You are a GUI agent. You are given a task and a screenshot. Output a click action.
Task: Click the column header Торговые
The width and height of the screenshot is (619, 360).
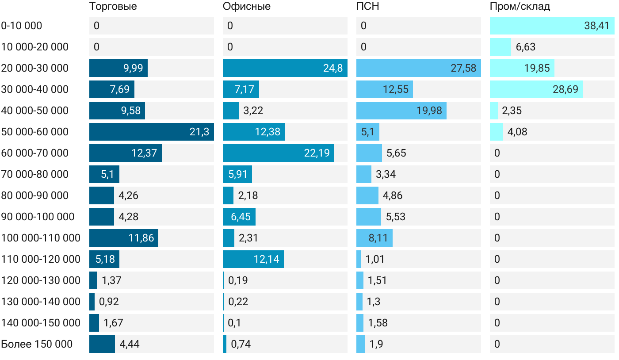113,7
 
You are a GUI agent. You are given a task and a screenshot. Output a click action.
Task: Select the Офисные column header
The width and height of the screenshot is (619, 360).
246,7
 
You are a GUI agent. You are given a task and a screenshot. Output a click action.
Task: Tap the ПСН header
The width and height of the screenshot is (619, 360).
367,7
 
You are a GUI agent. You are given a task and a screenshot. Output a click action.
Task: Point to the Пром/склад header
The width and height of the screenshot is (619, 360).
520,7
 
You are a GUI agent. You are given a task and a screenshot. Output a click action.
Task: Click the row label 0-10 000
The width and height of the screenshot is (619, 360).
22,26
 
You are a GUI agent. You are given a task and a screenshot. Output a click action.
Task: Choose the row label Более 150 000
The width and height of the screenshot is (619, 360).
37,344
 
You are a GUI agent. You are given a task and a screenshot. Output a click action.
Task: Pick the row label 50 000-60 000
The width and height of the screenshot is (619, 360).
35,132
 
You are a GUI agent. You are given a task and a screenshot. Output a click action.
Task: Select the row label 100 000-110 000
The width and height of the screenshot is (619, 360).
41,238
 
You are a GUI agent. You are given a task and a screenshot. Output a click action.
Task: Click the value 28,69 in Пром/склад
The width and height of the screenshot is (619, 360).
565,89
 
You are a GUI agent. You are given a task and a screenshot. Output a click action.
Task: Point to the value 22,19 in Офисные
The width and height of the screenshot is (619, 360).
317,153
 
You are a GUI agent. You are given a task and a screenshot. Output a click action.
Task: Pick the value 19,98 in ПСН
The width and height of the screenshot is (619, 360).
429,111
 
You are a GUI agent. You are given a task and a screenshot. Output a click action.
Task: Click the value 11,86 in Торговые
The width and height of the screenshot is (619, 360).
141,238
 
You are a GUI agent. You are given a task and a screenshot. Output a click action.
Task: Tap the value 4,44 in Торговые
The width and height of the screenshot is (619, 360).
130,344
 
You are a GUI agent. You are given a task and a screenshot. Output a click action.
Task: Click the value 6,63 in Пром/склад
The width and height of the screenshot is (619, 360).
526,47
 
